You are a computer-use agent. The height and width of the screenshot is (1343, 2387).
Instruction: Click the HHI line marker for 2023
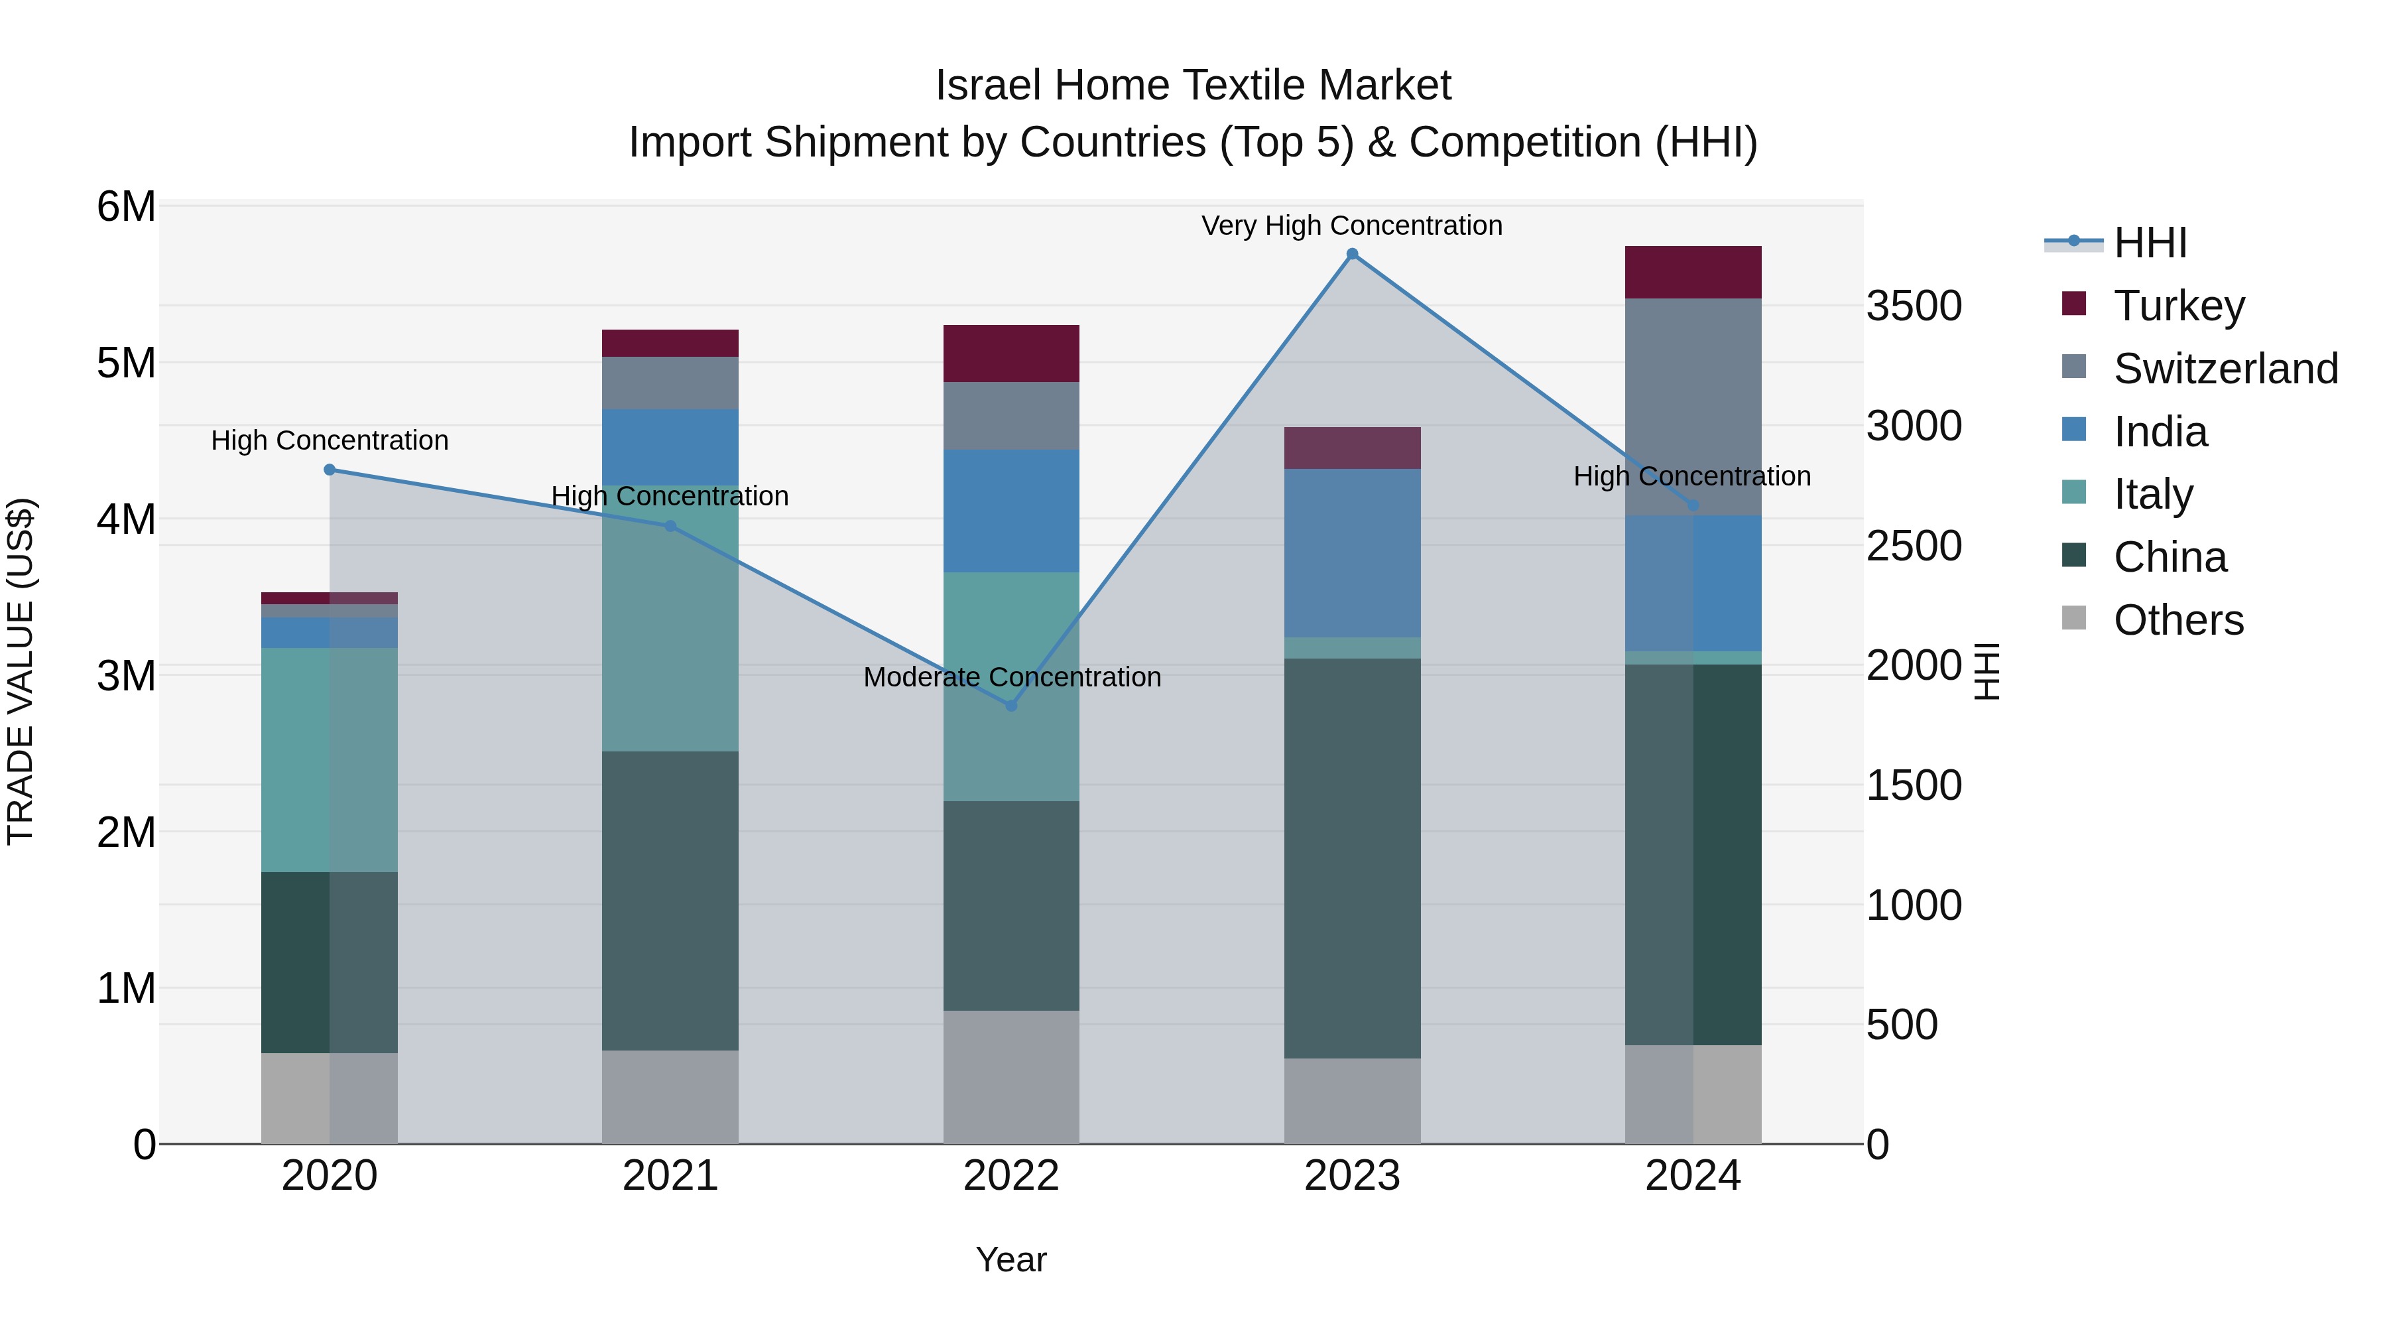click(1352, 254)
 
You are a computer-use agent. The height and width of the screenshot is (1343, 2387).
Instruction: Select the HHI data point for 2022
click(1011, 706)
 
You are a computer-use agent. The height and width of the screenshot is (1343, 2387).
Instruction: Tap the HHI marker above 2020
click(330, 470)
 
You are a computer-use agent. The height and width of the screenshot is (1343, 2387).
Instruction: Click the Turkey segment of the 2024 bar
click(1693, 273)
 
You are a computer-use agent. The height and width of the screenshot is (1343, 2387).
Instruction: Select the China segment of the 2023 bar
click(1352, 858)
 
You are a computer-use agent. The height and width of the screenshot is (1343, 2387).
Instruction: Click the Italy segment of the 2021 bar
click(670, 618)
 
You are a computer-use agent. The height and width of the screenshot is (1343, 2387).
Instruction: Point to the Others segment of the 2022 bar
click(1011, 1077)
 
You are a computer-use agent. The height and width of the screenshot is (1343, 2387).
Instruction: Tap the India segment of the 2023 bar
click(1352, 552)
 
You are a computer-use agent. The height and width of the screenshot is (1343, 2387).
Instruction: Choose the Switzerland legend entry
click(2225, 369)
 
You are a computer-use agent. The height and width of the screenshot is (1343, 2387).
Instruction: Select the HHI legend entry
click(2150, 243)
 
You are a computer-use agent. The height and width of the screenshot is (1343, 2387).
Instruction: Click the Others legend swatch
click(2074, 618)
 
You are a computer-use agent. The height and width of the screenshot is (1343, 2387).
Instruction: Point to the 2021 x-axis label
click(670, 1176)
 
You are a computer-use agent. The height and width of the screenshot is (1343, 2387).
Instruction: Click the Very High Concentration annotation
click(1352, 225)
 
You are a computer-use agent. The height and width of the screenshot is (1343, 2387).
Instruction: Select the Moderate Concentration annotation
click(1012, 676)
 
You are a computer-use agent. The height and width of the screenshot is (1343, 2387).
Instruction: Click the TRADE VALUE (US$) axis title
click(21, 672)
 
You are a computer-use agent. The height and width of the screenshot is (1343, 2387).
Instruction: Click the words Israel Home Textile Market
click(1193, 86)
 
